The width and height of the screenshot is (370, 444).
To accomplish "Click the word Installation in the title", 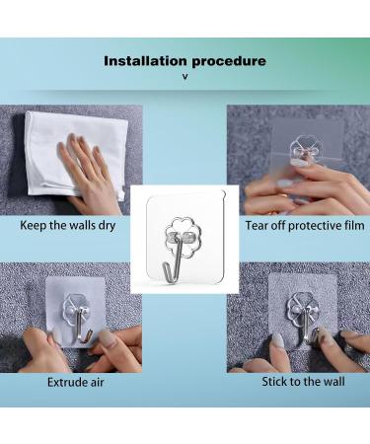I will point(145,61).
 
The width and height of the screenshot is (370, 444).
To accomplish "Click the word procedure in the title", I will point(227,61).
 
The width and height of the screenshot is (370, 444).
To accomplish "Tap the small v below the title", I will point(185,76).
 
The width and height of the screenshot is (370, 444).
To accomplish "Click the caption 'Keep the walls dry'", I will point(71,225).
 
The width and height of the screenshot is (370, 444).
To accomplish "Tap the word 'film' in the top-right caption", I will point(351,225).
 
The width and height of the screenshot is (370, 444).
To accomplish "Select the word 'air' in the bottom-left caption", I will point(95,380).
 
